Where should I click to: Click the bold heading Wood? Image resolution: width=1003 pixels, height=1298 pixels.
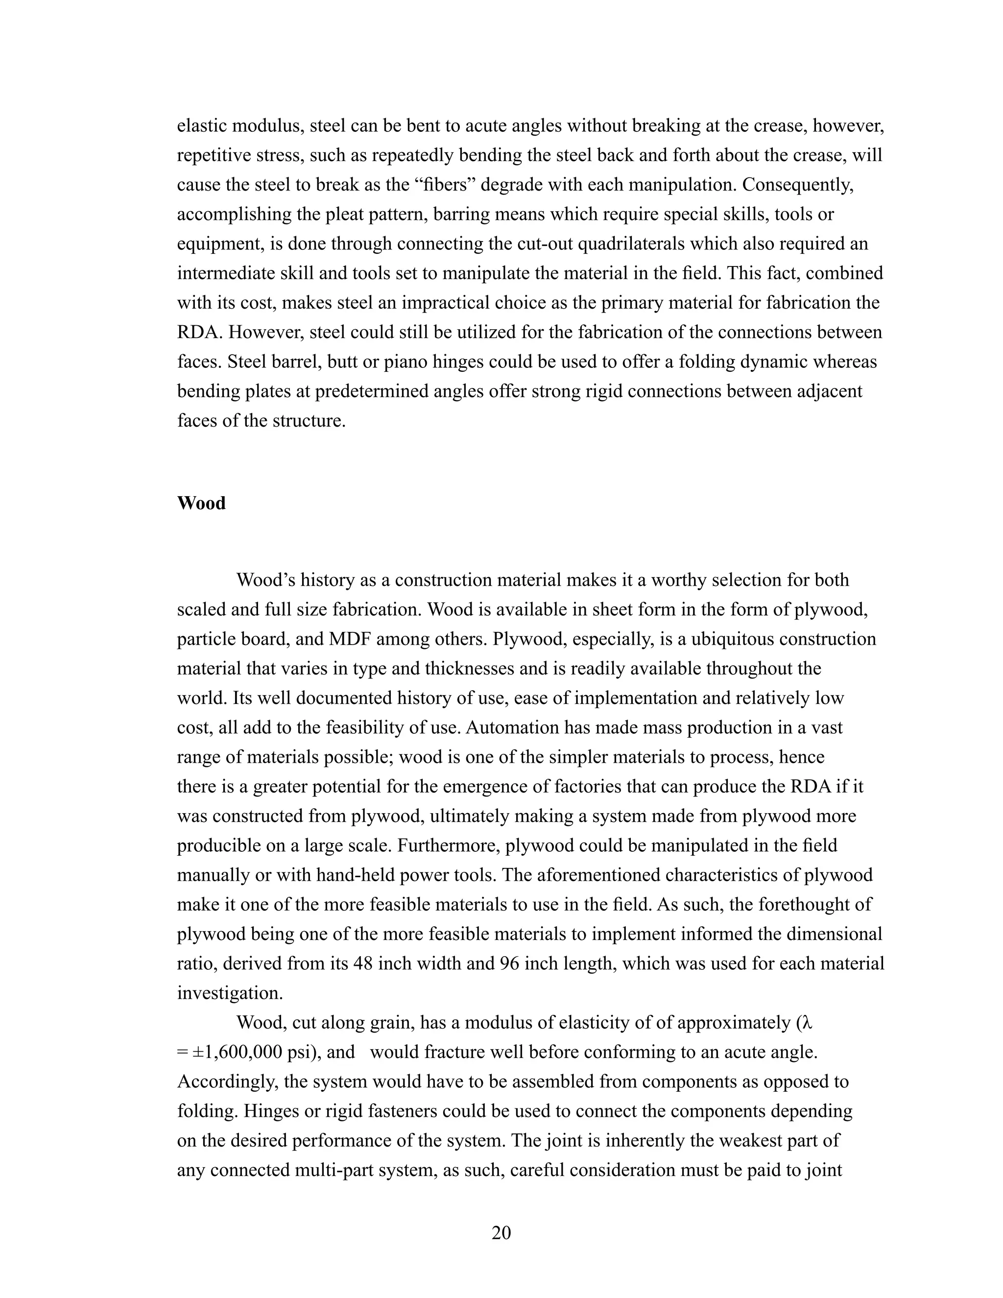(201, 504)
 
